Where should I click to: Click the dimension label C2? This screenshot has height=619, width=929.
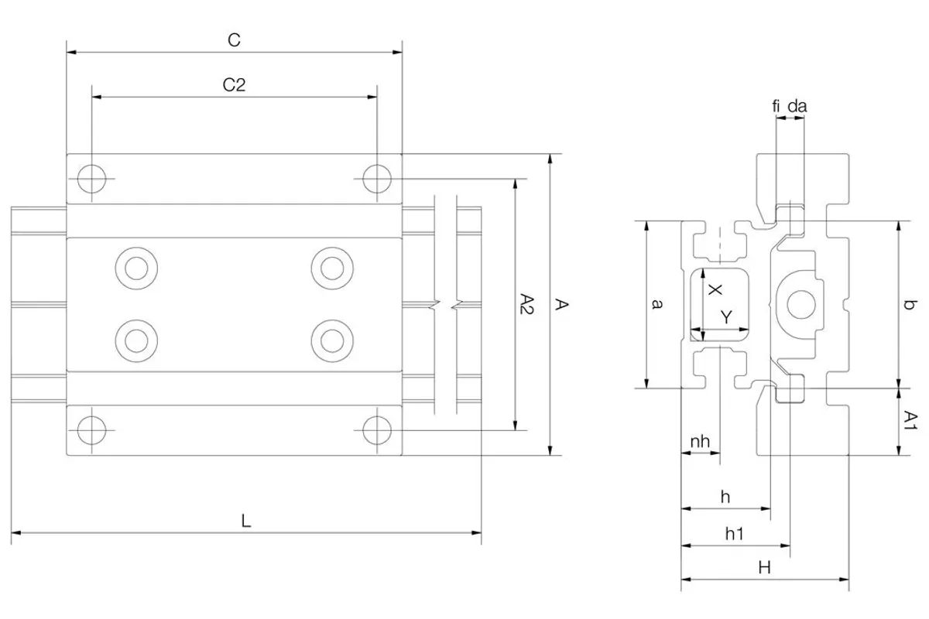pyautogui.click(x=234, y=85)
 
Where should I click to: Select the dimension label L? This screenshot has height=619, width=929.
pyautogui.click(x=246, y=521)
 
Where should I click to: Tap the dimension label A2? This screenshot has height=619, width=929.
pyautogui.click(x=526, y=304)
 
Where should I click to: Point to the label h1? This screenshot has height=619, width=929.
pyautogui.click(x=734, y=534)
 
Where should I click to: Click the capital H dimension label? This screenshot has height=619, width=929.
pyautogui.click(x=764, y=568)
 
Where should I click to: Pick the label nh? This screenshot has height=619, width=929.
pyautogui.click(x=700, y=442)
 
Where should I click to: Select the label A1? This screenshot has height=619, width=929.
pyautogui.click(x=910, y=420)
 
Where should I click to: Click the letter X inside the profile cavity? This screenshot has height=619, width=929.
pyautogui.click(x=715, y=289)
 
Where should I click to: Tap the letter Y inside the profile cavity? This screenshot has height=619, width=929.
pyautogui.click(x=726, y=317)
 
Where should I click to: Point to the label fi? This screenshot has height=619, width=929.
pyautogui.click(x=776, y=106)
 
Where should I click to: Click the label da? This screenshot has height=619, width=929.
pyautogui.click(x=797, y=106)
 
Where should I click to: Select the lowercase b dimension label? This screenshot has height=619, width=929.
pyautogui.click(x=909, y=305)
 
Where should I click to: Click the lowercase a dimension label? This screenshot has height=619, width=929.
pyautogui.click(x=656, y=304)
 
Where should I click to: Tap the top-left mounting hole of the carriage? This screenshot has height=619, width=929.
pyautogui.click(x=91, y=179)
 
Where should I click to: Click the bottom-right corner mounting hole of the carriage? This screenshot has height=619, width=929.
pyautogui.click(x=376, y=430)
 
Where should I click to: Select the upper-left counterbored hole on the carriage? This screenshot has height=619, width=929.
pyautogui.click(x=136, y=268)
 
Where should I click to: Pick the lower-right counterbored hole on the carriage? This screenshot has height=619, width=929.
pyautogui.click(x=332, y=340)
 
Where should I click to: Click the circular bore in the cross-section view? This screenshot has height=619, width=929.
pyautogui.click(x=800, y=305)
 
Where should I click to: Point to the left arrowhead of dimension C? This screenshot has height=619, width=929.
pyautogui.click(x=71, y=53)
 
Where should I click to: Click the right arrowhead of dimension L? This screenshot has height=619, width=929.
pyautogui.click(x=476, y=533)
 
